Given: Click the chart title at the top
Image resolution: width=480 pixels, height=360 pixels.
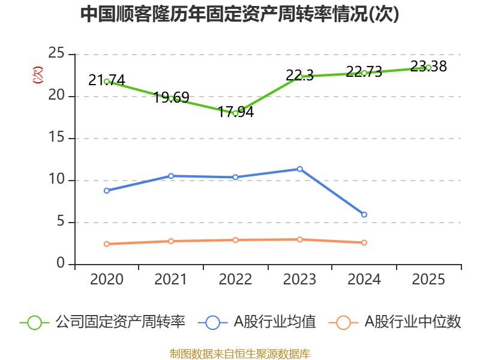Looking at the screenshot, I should pos(239,14).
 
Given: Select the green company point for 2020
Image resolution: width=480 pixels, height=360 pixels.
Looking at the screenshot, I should pos(107,81).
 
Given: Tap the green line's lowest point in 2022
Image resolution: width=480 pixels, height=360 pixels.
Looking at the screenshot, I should pos(235,113).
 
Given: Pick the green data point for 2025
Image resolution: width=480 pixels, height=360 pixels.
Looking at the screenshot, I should pos(428,67).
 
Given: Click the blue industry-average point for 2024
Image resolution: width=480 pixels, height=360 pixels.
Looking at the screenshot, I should pos(364,214).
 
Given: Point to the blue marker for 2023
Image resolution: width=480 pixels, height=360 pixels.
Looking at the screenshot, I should pos(299,169).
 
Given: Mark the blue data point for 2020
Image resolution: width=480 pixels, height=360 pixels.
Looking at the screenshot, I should pos(107,190).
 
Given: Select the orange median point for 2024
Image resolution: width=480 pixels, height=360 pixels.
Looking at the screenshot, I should pos(364,242).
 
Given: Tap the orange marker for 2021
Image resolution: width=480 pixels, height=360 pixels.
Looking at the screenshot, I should pos(171,241).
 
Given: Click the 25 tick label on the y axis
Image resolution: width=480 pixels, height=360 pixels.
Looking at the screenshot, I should pos(57,54).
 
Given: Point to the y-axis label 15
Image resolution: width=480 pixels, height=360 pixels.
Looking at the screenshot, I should pos(57,138).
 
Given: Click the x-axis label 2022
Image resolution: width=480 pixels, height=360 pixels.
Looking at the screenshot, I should pos(235,280).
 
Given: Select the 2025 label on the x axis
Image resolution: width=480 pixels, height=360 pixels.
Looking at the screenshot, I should pos(428,280).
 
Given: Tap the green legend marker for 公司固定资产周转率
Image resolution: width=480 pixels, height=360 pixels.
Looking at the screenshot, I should pos(34,322).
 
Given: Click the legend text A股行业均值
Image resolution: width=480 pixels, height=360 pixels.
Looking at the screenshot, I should pos(274,322).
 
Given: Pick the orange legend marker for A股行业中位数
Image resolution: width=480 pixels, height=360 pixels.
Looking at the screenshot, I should pos(343,322).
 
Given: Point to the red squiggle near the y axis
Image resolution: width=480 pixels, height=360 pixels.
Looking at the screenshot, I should pos(38,75).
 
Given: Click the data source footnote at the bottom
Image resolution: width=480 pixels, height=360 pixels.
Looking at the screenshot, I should pos(239,353).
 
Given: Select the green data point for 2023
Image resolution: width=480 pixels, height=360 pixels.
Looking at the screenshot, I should pos(299,76).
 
